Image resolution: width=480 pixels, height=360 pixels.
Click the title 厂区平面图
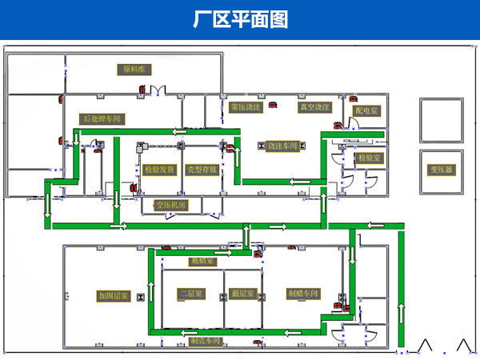[240, 19]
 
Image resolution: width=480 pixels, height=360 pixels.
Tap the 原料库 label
[134, 70]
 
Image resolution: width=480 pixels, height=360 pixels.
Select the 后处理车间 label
[104, 118]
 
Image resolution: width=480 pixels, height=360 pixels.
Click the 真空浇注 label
[314, 106]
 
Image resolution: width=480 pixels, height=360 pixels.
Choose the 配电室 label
[368, 110]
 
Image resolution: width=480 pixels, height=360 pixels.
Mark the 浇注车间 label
[282, 146]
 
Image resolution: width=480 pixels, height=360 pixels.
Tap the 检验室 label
[370, 158]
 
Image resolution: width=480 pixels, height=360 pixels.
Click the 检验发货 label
[159, 170]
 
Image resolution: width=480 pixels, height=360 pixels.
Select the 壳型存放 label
[202, 170]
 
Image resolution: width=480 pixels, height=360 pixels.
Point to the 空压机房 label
[170, 206]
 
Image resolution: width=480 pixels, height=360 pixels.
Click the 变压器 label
[441, 170]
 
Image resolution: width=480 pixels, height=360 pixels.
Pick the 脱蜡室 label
[202, 261]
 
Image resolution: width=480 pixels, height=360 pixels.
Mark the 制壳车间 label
[205, 341]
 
